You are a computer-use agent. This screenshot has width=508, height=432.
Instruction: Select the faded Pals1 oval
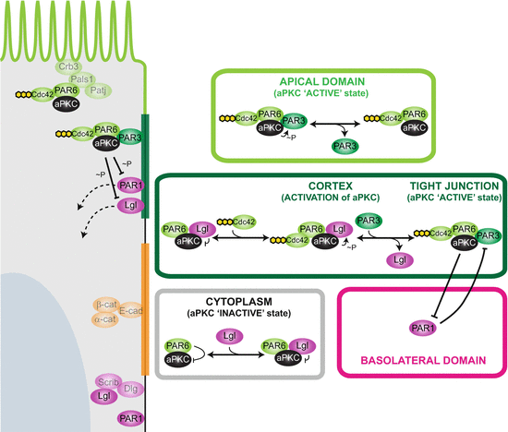[x=91, y=80]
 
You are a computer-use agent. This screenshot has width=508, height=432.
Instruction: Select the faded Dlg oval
[x=128, y=390]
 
